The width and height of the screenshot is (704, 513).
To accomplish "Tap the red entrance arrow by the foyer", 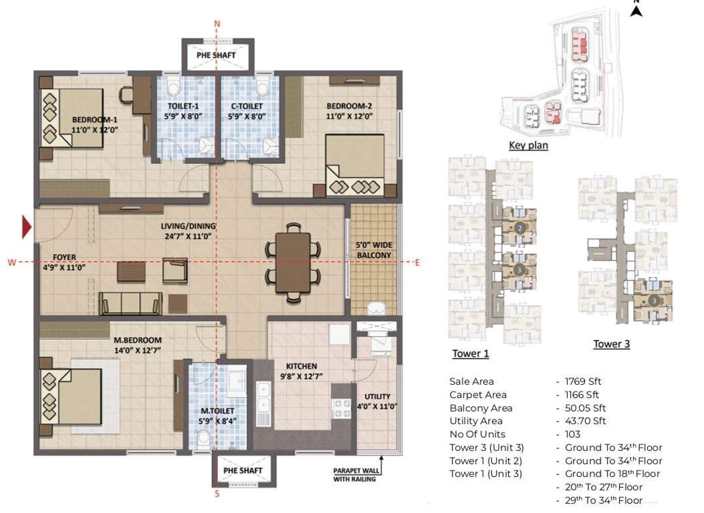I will pos(27,227).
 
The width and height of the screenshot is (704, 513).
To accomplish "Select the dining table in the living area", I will pos(293,266).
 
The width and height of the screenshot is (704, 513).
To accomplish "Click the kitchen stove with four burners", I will pos(342,408).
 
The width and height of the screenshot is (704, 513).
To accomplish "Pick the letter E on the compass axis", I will pos(417,262).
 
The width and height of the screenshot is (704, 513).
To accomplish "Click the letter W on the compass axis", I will pos(12,263).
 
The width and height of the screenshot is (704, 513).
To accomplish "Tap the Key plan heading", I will pos(528,145).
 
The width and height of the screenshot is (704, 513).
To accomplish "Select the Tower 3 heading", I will pos(611,344).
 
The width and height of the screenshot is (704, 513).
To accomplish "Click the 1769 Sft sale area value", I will pos(583,381).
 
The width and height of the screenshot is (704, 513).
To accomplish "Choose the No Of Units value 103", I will pos(572,434).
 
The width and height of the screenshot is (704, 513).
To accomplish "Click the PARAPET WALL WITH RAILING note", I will pos(354,474).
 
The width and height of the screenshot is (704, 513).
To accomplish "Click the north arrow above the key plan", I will pos(636,9).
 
